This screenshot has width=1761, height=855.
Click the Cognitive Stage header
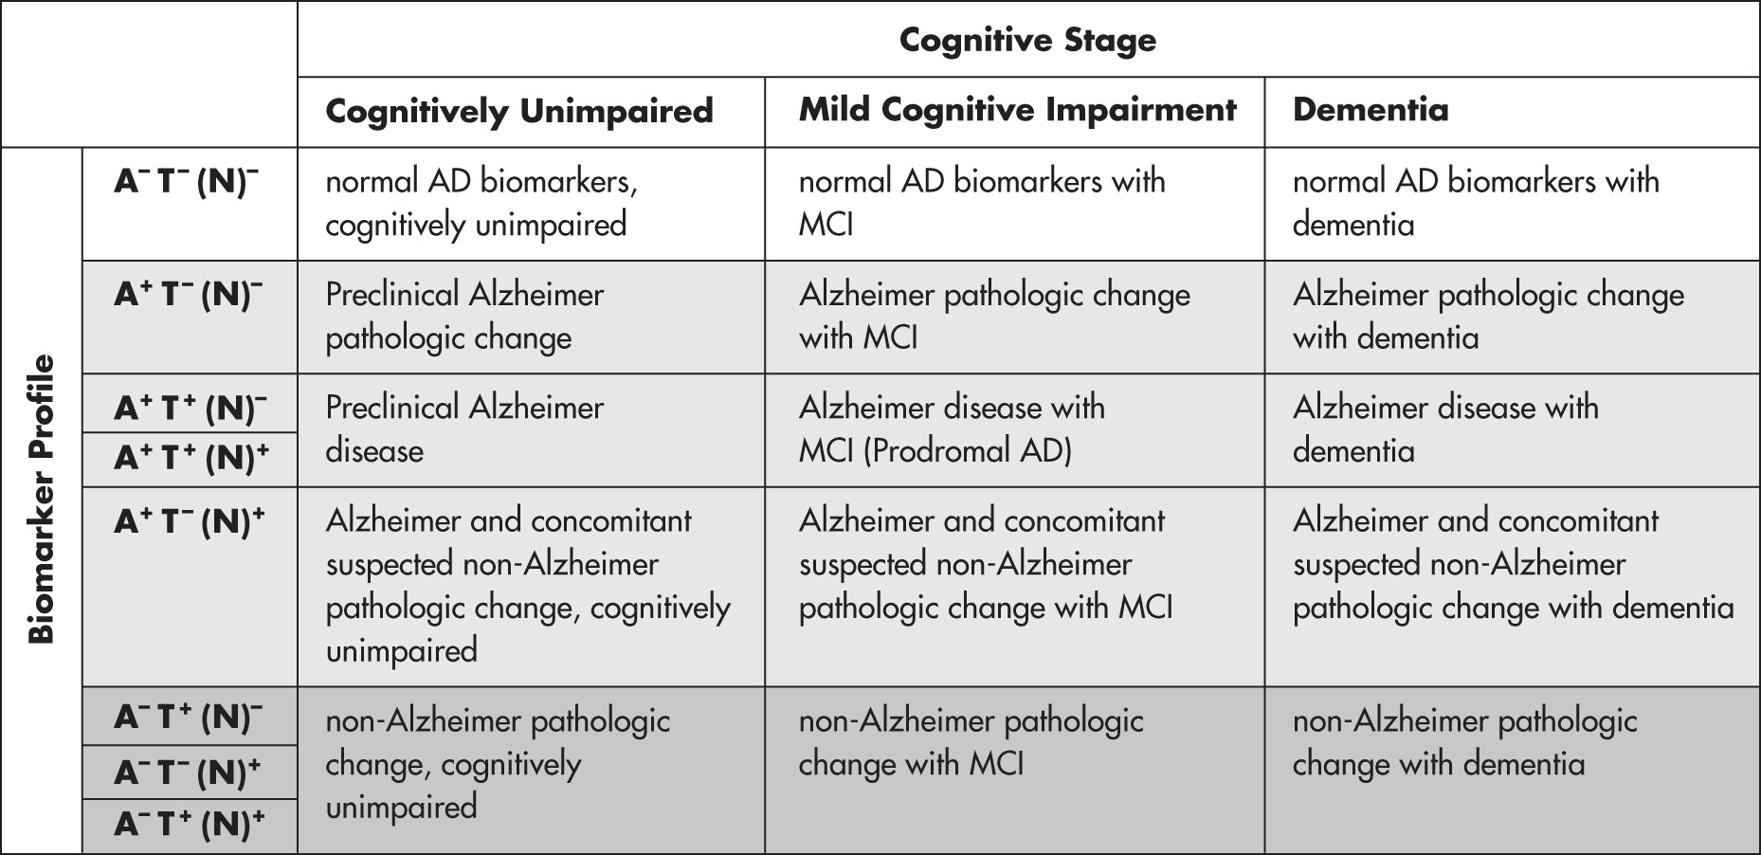1027,40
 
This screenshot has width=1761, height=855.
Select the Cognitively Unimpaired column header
518,111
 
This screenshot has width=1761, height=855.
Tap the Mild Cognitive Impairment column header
1017,110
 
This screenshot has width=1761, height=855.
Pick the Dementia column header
1371,110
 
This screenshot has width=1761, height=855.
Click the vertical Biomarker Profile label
41,500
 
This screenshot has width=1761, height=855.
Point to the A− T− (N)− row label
187,180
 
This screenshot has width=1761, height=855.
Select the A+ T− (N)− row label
189,294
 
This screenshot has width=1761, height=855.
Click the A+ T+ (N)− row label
191,407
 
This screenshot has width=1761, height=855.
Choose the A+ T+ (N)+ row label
191,457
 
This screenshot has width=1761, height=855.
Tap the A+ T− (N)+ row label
190,520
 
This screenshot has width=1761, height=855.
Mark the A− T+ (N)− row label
189,717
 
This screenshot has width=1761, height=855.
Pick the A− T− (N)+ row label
187,773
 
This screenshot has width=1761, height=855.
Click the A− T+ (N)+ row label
189,824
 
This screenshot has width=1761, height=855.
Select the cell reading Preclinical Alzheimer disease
464,428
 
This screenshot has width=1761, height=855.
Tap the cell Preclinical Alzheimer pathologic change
464,316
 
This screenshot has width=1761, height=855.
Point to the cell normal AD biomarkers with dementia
1476,202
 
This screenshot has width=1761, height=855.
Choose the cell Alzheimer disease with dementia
1445,428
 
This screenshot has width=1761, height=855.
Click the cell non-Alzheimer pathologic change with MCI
971,742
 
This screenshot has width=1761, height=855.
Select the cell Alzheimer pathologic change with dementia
1488,316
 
